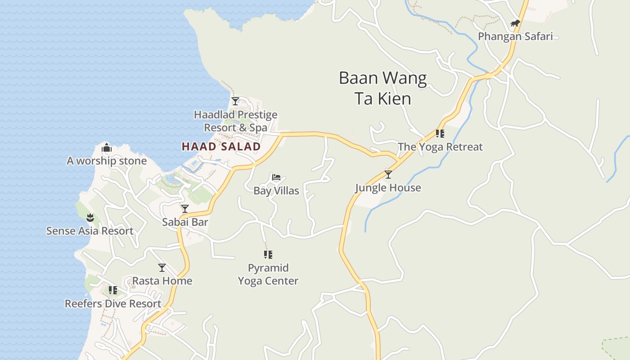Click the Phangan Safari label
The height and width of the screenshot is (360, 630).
click(x=515, y=36)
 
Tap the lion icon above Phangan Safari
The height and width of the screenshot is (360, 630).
click(x=515, y=23)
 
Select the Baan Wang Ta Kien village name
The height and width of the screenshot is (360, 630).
click(x=382, y=88)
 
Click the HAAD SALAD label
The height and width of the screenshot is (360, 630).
click(x=221, y=146)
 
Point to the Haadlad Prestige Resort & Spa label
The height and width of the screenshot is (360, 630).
click(x=235, y=121)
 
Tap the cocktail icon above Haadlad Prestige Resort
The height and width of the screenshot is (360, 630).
click(x=235, y=101)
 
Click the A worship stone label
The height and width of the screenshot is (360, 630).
click(x=107, y=161)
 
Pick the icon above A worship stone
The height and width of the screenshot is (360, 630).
click(x=107, y=148)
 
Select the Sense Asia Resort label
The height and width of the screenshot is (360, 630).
click(x=90, y=231)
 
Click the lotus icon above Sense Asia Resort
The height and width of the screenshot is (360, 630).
click(x=90, y=218)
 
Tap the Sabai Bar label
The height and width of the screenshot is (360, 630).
click(x=185, y=222)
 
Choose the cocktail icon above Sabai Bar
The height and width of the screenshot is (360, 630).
click(x=184, y=209)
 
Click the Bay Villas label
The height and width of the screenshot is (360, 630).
click(x=276, y=190)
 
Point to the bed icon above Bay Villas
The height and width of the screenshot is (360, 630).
click(x=276, y=177)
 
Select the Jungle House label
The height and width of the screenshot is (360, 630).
click(x=388, y=188)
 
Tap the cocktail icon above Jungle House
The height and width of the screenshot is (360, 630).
click(x=388, y=175)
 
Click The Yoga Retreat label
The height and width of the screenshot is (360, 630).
click(x=440, y=147)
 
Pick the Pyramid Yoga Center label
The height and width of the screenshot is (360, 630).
click(x=268, y=274)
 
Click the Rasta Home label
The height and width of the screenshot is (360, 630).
click(x=162, y=281)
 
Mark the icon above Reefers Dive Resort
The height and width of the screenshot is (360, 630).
click(x=112, y=290)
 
